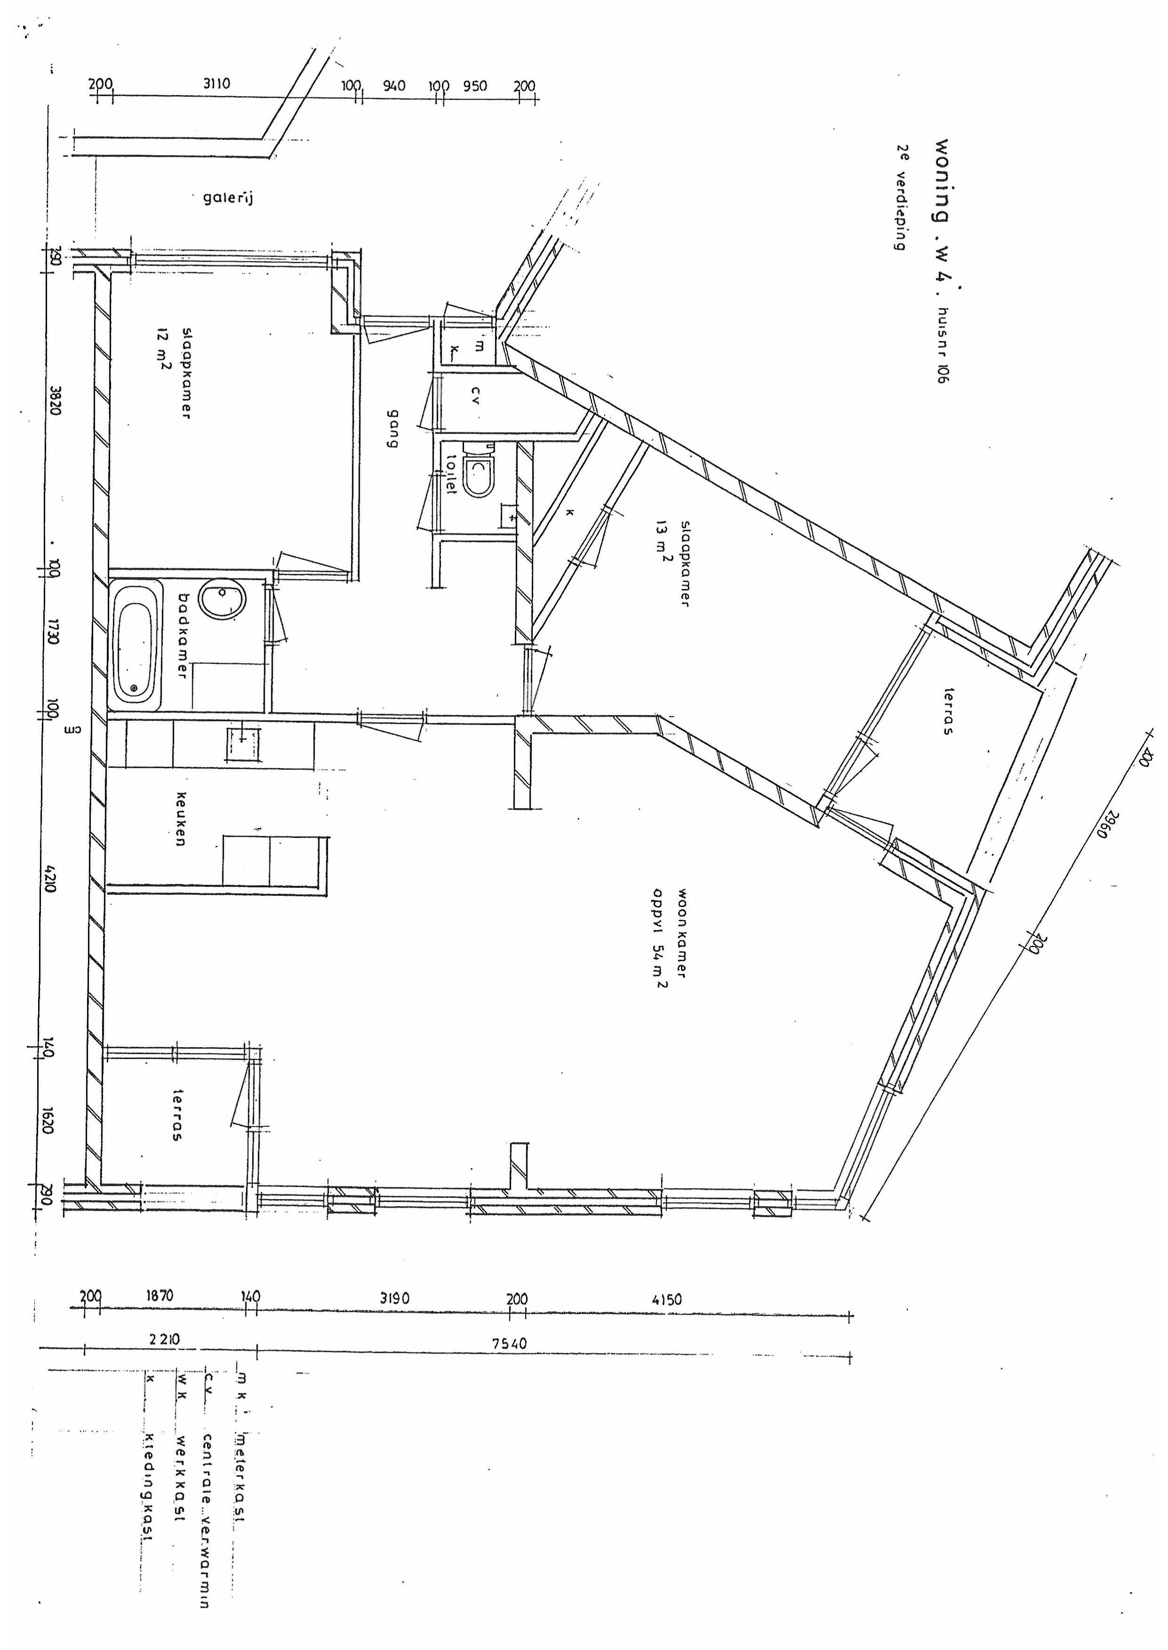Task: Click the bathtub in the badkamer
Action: (135, 647)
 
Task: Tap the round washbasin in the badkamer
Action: (223, 599)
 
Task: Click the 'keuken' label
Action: (181, 819)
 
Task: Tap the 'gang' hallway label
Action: (393, 429)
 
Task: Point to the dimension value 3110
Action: (216, 84)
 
